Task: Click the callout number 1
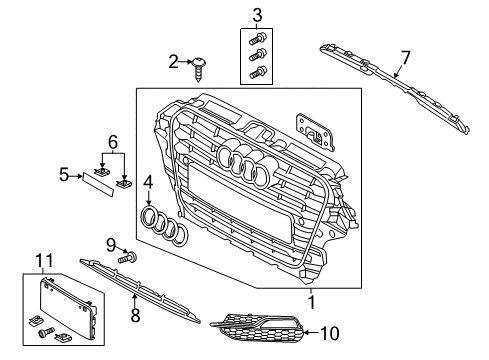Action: (311, 302)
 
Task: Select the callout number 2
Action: (173, 62)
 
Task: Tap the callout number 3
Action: (257, 15)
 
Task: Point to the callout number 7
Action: (405, 58)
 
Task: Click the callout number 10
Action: (329, 333)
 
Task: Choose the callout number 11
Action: (45, 260)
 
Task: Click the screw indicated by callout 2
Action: (198, 69)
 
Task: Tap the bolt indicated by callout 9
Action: (127, 258)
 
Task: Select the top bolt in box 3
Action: (257, 38)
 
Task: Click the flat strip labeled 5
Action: (98, 184)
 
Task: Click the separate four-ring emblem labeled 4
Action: (165, 226)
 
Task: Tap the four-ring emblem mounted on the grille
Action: (247, 163)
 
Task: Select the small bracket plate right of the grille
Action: (315, 131)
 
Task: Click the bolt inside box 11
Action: (46, 332)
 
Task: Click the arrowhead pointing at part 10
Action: (307, 332)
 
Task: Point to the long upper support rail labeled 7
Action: (394, 87)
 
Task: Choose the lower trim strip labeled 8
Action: (140, 290)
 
